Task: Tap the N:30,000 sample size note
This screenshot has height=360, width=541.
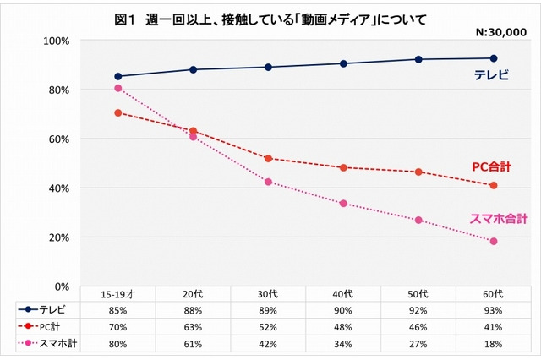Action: point(497,31)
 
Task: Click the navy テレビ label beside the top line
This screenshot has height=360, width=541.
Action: point(490,75)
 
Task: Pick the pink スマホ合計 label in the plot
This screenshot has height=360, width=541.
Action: point(497,219)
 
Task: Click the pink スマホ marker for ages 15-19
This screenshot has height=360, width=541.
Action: point(118,88)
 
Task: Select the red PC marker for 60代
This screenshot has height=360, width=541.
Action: point(493,185)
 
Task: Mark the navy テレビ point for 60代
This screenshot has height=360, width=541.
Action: point(493,58)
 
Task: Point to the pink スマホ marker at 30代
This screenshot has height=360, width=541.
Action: point(268,182)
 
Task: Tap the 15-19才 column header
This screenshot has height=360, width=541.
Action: point(118,294)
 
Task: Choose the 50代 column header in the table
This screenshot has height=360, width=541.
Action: point(418,294)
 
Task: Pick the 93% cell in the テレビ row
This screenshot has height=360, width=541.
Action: point(493,309)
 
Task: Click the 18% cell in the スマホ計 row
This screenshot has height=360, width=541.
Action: point(493,343)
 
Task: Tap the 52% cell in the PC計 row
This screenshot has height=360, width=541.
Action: point(268,326)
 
